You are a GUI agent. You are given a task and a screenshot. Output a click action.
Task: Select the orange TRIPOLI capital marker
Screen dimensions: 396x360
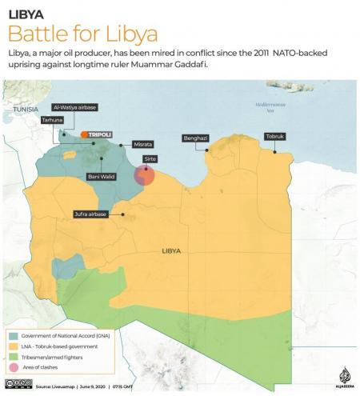(84, 134)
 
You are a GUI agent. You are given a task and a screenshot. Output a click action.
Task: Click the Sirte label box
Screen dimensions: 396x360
(150, 159)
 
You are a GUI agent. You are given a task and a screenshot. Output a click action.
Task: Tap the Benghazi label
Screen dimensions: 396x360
(195, 138)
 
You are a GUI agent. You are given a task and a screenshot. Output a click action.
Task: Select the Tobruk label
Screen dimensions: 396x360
(274, 137)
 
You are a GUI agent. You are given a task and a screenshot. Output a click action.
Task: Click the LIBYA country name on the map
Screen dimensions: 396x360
(171, 250)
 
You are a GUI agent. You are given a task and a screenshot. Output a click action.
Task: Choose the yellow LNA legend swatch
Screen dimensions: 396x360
(14, 345)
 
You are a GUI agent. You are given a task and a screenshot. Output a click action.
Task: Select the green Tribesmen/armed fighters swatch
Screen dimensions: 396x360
(14, 356)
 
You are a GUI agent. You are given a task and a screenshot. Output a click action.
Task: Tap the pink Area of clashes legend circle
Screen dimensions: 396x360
(14, 367)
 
